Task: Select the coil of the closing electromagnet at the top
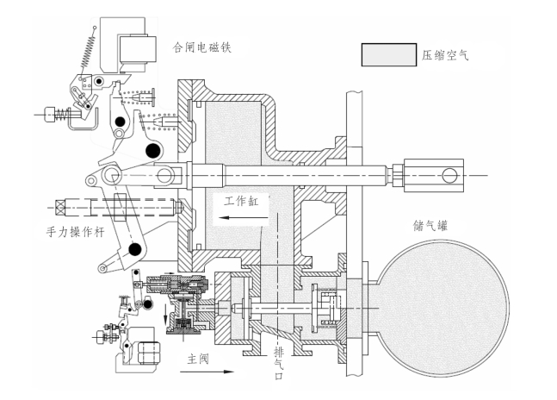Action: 134,47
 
